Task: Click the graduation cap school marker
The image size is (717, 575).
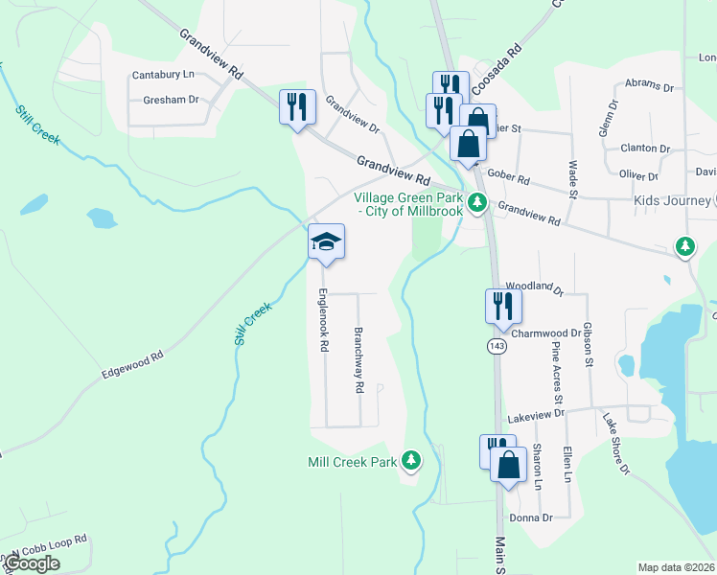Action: coord(326,241)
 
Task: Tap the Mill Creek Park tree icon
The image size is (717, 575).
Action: coord(411,461)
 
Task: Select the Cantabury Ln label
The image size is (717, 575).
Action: coord(163,74)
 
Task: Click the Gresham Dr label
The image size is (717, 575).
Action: coord(170,99)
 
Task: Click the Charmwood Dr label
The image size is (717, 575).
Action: coord(546,333)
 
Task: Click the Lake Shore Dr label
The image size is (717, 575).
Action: coord(616,443)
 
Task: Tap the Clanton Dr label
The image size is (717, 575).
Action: coord(645,149)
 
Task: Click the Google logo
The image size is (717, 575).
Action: coord(33,563)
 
